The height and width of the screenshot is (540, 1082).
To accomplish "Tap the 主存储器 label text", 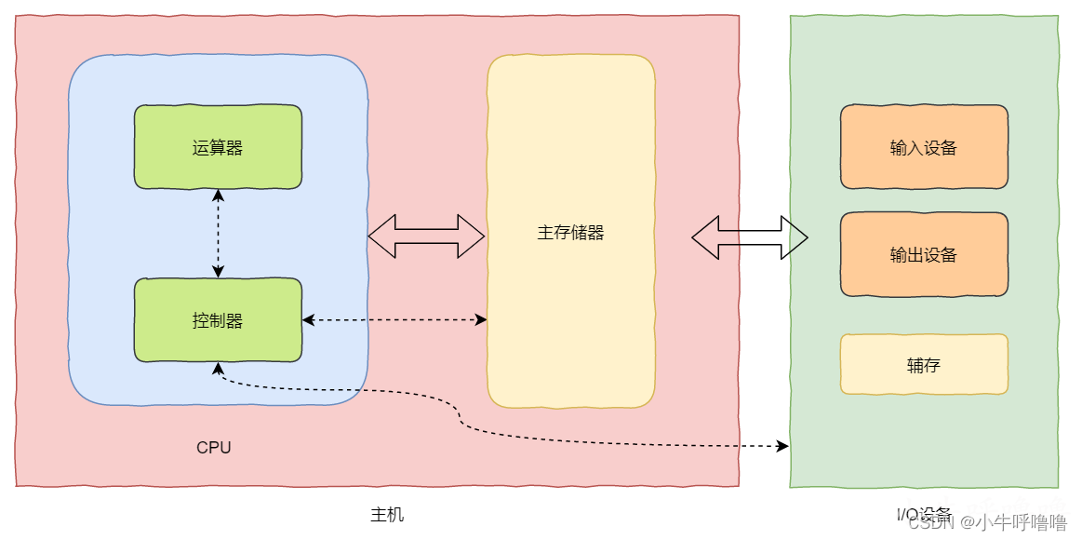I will [x=570, y=233].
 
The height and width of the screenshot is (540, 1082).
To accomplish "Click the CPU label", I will [x=213, y=448].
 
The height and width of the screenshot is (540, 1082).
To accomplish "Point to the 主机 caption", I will [x=387, y=515].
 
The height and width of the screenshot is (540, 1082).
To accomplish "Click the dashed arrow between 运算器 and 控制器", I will [x=218, y=233].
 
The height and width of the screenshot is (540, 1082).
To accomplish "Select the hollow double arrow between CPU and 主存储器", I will [x=426, y=236].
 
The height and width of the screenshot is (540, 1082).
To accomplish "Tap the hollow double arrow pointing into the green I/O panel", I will [x=749, y=237].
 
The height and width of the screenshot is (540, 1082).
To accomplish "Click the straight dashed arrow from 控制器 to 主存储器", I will [x=394, y=319].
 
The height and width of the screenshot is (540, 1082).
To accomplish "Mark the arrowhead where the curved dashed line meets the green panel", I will [x=782, y=447].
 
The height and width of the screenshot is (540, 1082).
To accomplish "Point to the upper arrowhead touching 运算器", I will [x=218, y=195].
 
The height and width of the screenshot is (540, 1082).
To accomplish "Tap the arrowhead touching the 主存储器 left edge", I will [x=481, y=319].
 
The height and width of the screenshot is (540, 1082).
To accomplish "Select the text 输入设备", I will [x=923, y=148].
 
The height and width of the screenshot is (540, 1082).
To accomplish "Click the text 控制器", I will [x=218, y=321].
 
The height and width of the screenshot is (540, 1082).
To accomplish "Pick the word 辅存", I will [x=923, y=365].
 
